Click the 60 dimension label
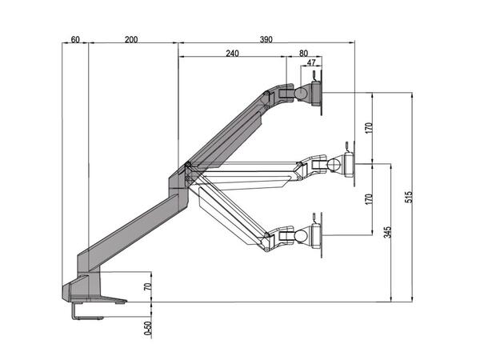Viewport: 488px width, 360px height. coord(74,39)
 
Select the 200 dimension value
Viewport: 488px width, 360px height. coord(132,39)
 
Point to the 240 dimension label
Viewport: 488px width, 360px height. coord(231,54)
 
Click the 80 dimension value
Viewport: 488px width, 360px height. coord(303,54)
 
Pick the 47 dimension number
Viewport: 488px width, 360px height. coord(310,63)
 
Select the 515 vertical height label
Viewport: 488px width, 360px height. coord(409,197)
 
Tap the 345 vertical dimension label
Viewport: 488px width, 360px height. coord(388,234)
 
